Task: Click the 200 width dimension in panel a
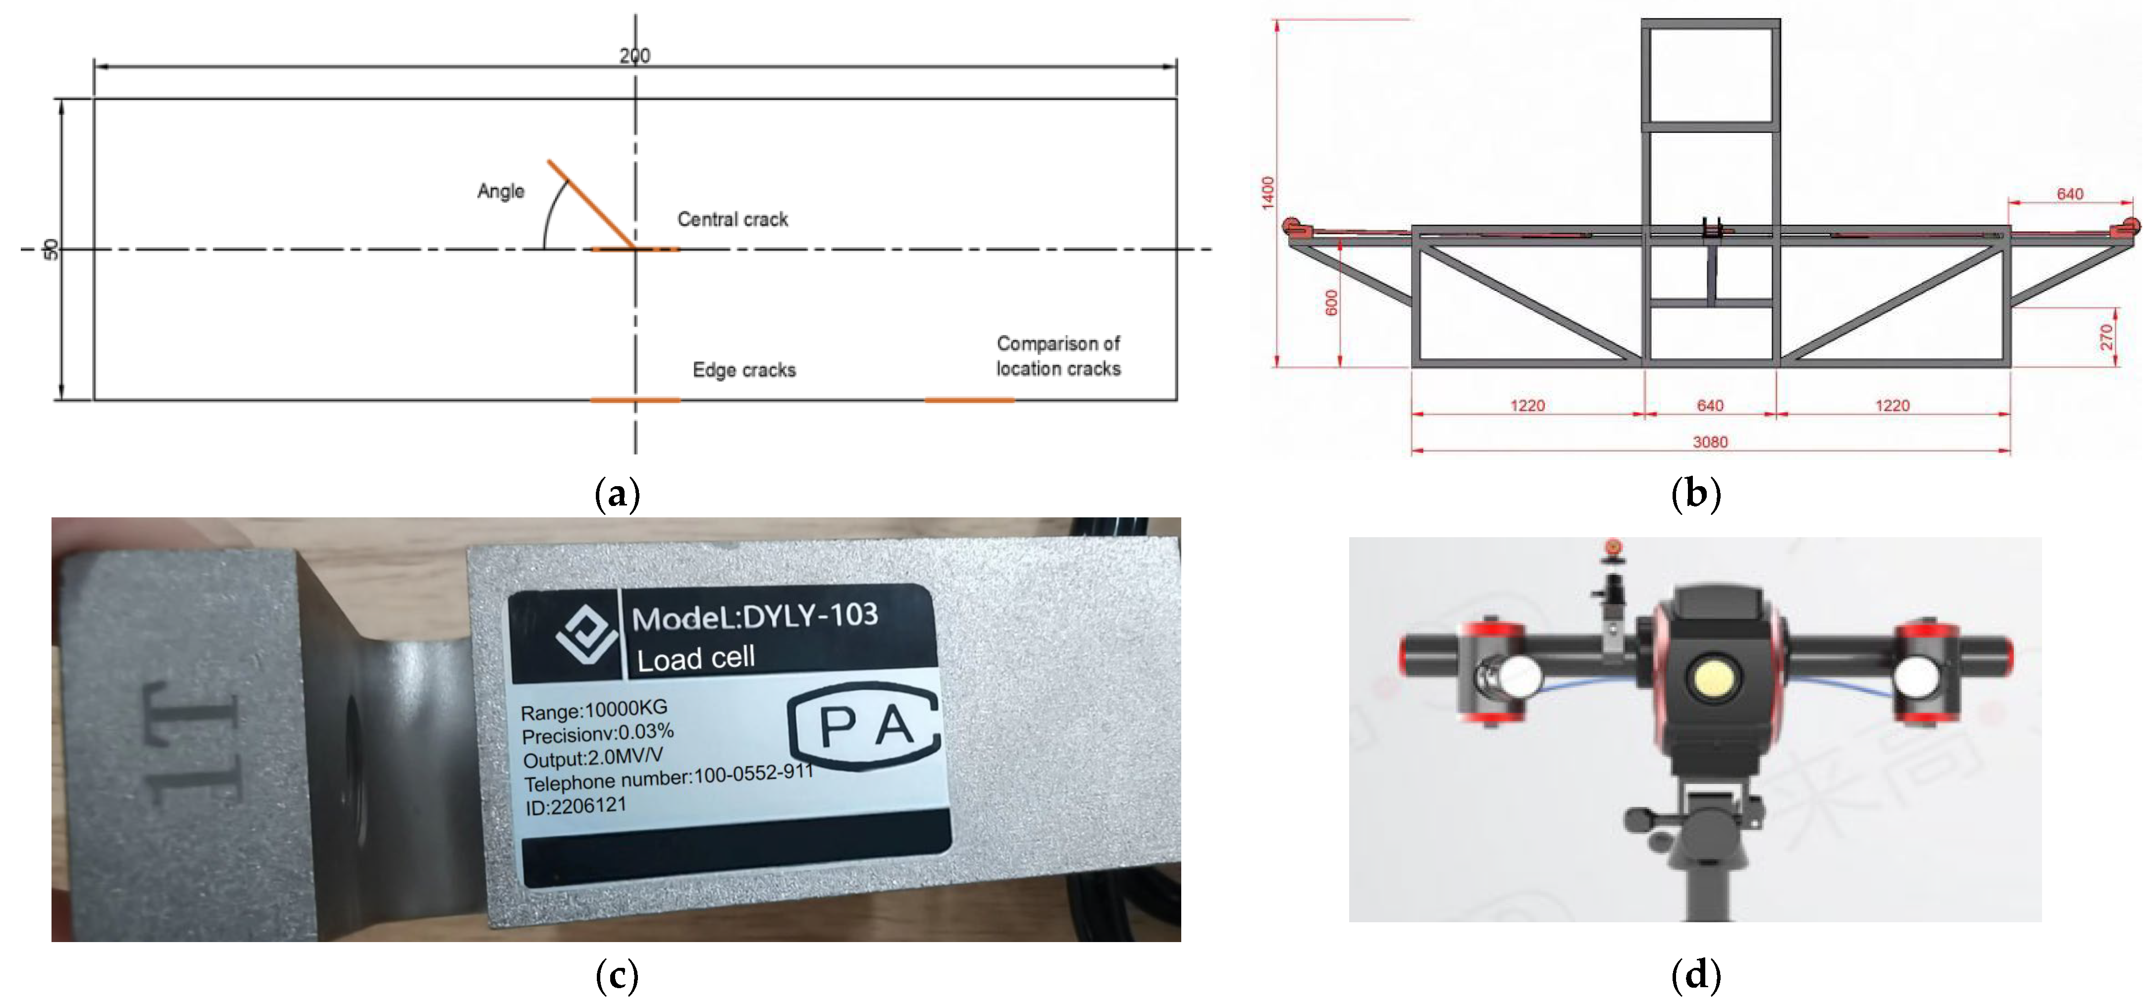click(x=634, y=55)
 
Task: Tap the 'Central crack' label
click(x=732, y=219)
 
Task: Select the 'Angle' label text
click(x=501, y=191)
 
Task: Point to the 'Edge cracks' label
click(x=744, y=370)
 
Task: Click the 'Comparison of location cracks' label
click(x=1058, y=356)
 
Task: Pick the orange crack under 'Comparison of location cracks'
click(x=970, y=400)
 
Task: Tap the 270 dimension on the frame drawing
click(x=2105, y=337)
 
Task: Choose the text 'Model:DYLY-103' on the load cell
click(x=755, y=617)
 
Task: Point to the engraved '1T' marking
click(x=191, y=742)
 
